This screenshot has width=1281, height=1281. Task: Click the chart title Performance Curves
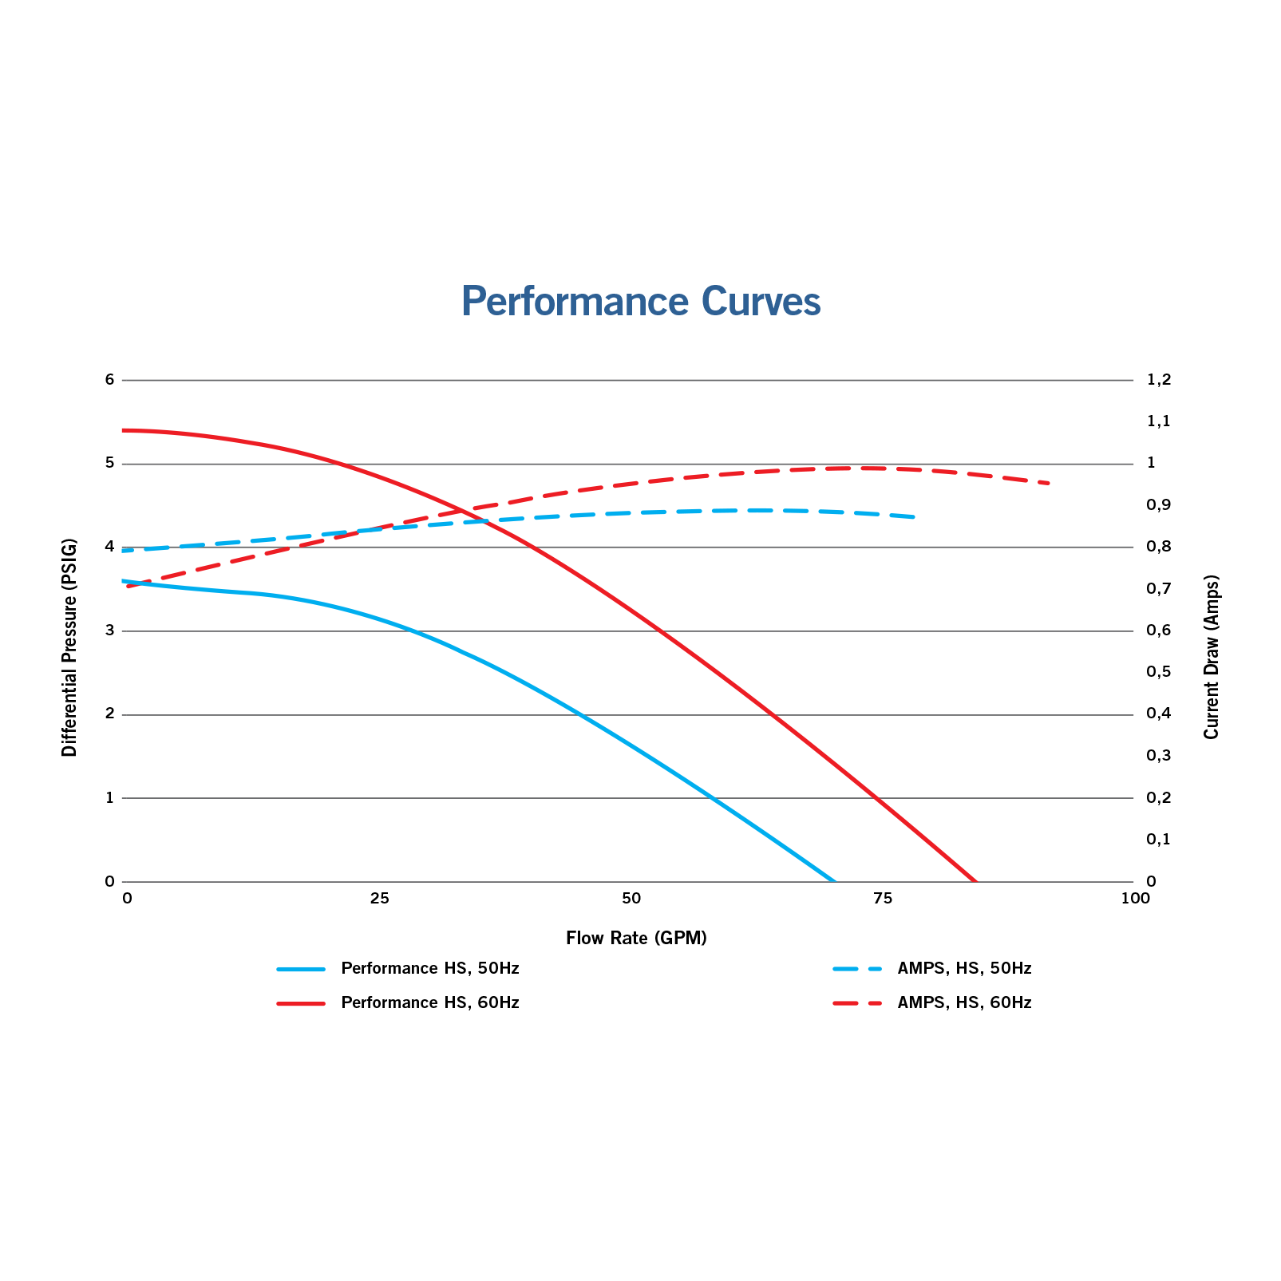point(640,302)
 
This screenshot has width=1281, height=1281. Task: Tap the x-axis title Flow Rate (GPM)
point(636,938)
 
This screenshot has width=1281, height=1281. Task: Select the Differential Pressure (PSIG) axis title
point(70,647)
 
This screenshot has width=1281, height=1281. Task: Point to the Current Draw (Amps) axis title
point(1212,656)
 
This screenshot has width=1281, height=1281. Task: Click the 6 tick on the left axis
point(110,380)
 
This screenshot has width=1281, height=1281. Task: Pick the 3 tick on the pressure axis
point(110,631)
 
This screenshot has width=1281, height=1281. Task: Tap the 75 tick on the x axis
point(882,899)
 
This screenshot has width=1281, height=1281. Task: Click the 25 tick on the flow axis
point(379,899)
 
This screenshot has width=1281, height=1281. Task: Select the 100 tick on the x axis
point(1135,899)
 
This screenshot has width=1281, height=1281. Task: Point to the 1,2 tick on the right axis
point(1158,380)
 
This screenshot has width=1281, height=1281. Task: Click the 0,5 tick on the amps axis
point(1158,672)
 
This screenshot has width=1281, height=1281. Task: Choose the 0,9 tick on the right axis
point(1158,505)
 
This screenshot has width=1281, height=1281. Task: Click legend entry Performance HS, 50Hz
point(429,969)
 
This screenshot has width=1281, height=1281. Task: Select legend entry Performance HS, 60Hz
point(429,1003)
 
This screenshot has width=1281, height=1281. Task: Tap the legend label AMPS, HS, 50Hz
point(964,969)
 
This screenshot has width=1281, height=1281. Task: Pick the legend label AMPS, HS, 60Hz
point(964,1003)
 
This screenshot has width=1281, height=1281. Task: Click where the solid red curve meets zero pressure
point(975,881)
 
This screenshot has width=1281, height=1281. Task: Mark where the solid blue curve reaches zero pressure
point(835,881)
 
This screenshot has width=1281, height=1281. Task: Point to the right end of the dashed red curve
point(1050,484)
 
